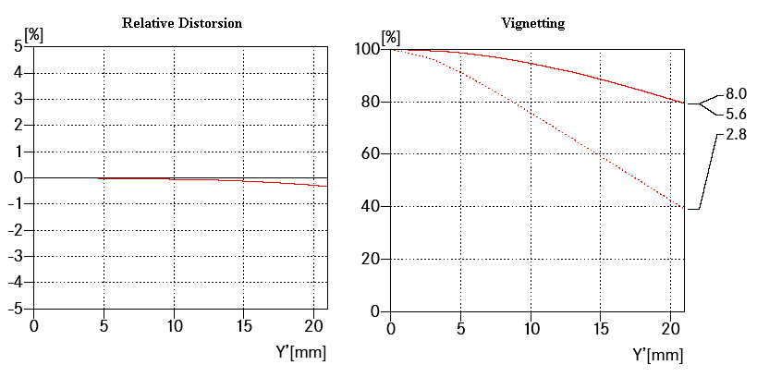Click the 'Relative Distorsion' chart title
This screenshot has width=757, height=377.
click(182, 21)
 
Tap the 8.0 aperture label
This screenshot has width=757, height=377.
click(736, 93)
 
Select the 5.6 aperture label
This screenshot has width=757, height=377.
click(736, 115)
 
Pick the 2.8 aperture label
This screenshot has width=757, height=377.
click(736, 135)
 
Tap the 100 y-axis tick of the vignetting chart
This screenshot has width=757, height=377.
click(367, 48)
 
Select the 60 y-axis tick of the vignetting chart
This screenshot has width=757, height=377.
click(371, 153)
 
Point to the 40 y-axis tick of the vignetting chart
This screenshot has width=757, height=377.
click(371, 206)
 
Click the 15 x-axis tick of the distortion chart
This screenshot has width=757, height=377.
click(243, 325)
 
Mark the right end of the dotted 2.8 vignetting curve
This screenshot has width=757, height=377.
click(685, 209)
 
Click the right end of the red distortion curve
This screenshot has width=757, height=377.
click(326, 186)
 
